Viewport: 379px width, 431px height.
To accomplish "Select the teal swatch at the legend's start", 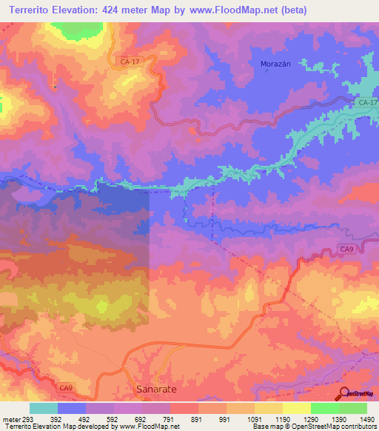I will [44, 408].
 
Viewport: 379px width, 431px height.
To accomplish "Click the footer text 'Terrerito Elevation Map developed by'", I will [49, 427].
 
